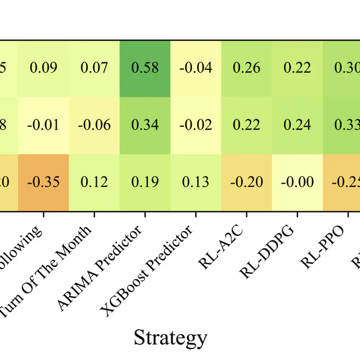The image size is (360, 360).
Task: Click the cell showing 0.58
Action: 145,68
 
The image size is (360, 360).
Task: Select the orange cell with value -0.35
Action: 43,182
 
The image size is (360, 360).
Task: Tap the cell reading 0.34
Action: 145,125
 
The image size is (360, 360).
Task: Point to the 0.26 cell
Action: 247,68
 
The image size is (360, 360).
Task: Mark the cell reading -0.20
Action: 247,182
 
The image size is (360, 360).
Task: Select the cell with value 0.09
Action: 43,68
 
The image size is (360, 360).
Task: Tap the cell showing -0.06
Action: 95,125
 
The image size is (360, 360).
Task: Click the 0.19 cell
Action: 145,182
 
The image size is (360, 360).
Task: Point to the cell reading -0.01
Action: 43,125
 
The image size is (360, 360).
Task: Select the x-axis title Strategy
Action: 171,337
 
